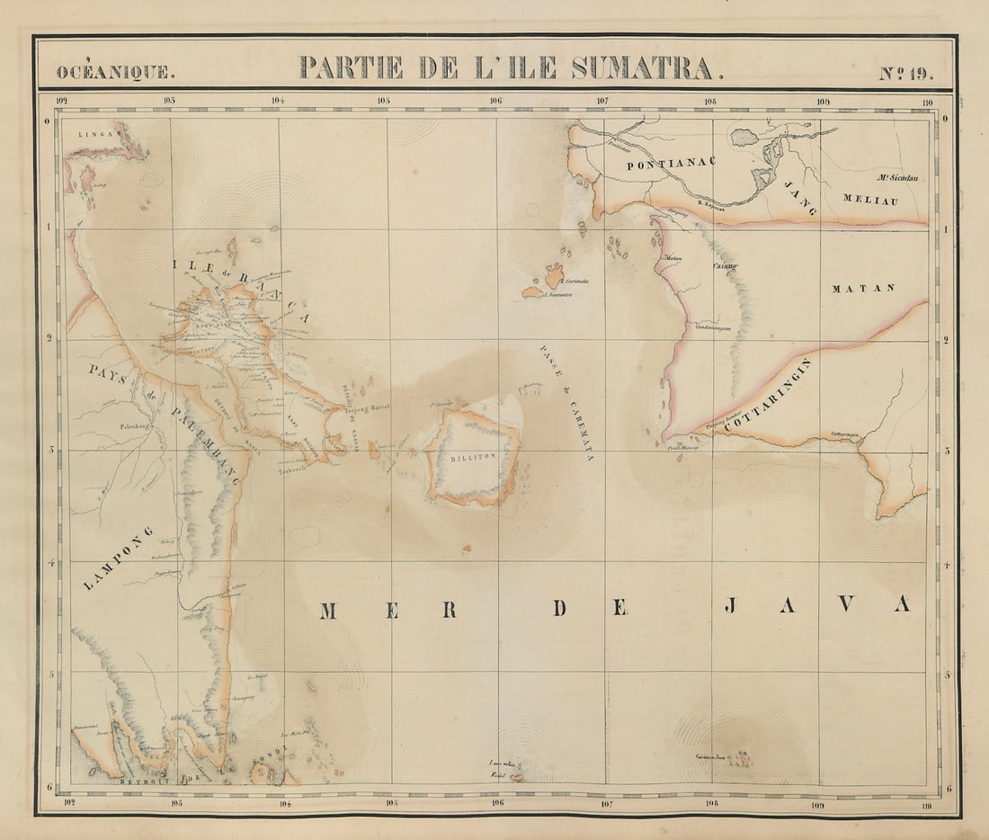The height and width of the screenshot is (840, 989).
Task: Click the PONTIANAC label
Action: pyautogui.click(x=671, y=164)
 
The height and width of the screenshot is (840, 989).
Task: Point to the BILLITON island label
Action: pyautogui.click(x=474, y=457)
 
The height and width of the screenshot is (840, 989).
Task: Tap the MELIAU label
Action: pyautogui.click(x=869, y=201)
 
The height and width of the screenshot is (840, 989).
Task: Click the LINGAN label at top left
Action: pyautogui.click(x=98, y=133)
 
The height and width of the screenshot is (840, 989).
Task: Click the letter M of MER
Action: pyautogui.click(x=328, y=612)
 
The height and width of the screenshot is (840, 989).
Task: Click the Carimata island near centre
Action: pyautogui.click(x=555, y=277)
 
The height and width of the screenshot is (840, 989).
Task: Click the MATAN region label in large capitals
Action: pyautogui.click(x=863, y=289)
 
